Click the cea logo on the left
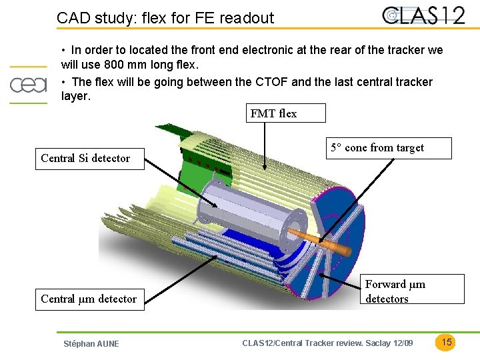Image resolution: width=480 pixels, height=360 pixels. click(x=28, y=85)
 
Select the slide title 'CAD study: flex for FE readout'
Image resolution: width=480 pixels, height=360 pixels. click(x=165, y=18)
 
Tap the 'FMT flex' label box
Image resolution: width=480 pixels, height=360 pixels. click(x=286, y=113)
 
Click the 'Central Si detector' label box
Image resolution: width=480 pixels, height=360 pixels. click(x=89, y=159)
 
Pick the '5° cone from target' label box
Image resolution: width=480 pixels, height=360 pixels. click(x=389, y=148)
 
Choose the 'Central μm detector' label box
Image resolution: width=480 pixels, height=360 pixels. click(x=89, y=299)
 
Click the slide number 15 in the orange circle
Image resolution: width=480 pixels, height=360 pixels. click(x=447, y=342)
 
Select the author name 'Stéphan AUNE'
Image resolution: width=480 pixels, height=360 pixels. click(x=91, y=343)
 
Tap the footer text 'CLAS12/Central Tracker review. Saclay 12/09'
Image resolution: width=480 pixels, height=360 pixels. click(x=327, y=343)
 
